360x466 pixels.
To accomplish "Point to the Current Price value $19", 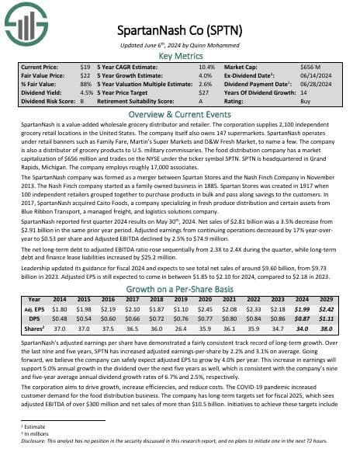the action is click(86, 68).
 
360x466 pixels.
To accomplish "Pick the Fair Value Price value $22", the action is click(86, 76).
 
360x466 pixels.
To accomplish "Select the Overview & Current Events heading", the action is click(180, 113).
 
